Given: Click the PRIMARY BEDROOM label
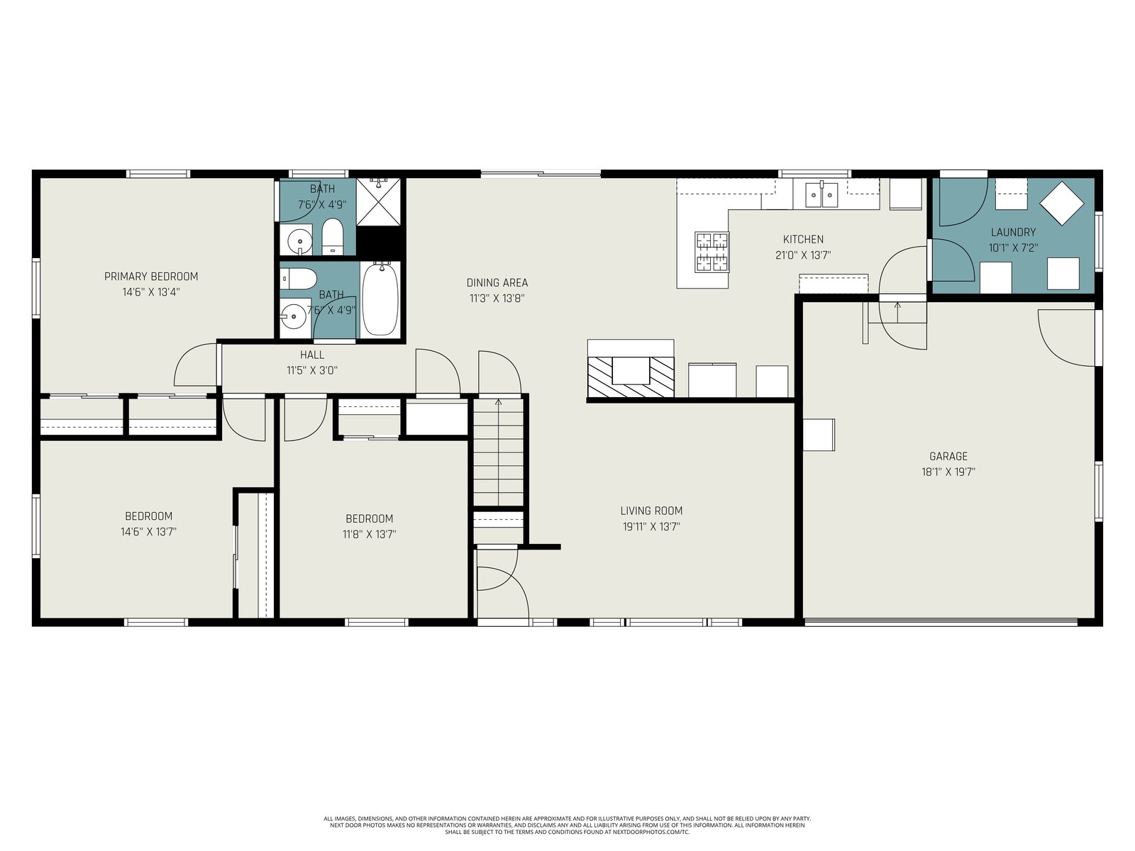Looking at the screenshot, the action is click(x=151, y=277).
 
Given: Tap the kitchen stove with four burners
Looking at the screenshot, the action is click(x=712, y=252).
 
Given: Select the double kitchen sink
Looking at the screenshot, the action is click(x=821, y=195).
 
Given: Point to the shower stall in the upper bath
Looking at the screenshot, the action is click(x=379, y=201).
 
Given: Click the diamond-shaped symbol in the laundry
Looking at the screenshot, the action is click(x=1061, y=203).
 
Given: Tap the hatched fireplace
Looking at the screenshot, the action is click(x=631, y=377).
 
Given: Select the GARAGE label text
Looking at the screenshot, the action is click(x=948, y=456).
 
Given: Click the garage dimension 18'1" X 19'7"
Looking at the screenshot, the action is click(x=948, y=472).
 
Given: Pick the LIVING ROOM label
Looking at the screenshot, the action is click(x=651, y=511).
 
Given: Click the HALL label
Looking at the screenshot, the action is click(x=312, y=355).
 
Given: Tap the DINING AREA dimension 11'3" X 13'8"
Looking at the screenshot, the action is click(x=497, y=298).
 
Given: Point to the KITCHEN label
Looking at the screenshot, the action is click(x=803, y=239).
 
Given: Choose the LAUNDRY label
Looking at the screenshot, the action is click(x=1014, y=232).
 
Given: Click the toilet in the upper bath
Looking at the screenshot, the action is click(x=333, y=237).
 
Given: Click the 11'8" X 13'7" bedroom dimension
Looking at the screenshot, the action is click(x=369, y=534).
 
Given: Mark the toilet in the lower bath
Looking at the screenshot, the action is click(x=299, y=279).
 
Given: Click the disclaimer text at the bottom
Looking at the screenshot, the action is click(x=567, y=825).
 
